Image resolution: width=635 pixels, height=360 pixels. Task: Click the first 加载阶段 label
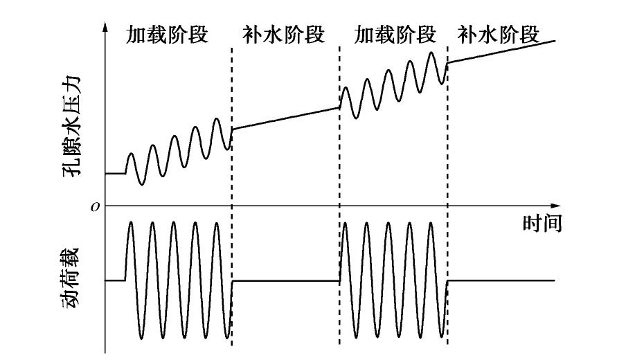click(167, 35)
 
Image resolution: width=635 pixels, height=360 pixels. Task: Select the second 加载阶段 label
click(394, 34)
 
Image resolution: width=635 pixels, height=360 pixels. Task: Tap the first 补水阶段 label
click(284, 35)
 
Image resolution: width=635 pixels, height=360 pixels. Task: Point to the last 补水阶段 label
click(499, 34)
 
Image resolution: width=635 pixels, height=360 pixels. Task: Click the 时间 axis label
click(541, 223)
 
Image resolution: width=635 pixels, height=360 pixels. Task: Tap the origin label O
click(96, 206)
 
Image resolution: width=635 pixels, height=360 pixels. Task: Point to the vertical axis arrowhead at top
click(105, 27)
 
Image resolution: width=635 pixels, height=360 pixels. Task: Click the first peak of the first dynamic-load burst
click(131, 224)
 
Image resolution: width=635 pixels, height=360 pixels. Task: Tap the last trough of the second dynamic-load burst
click(441, 338)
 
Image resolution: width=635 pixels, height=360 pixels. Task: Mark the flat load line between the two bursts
click(285, 280)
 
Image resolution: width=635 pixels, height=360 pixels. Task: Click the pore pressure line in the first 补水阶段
click(285, 118)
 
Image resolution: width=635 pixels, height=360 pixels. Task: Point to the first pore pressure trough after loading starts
click(141, 184)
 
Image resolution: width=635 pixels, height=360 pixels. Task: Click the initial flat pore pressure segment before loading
click(115, 173)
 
